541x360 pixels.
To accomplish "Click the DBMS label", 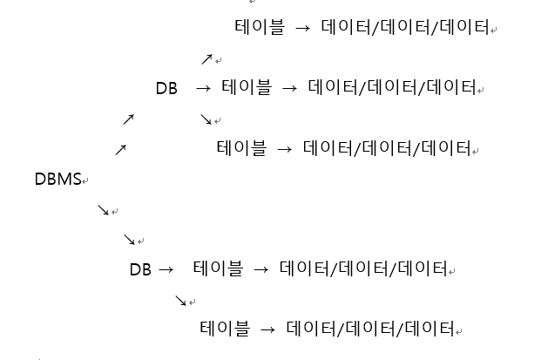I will click(57, 180).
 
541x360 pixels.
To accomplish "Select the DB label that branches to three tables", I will click(166, 88).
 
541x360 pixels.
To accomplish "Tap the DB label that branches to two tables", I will click(140, 270).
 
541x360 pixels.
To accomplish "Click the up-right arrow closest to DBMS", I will click(120, 151).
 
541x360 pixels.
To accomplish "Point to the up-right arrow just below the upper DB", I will click(129, 119).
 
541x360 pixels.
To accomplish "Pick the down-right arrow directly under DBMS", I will click(103, 210).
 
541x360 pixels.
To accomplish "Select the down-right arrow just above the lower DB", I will click(129, 240).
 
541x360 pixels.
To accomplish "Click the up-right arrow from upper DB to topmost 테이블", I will click(206, 59).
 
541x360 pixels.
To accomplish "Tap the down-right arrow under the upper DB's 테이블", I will click(206, 119).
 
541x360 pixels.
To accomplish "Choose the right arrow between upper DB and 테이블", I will click(204, 88).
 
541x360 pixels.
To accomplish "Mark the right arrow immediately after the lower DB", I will click(166, 270).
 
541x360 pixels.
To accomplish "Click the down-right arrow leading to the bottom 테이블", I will click(181, 301).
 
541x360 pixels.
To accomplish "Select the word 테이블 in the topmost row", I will click(260, 28).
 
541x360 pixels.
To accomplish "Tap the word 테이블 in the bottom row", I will click(225, 329).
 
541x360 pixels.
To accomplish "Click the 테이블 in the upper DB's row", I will click(247, 88).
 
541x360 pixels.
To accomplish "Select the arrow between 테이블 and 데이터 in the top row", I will click(303, 28).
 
